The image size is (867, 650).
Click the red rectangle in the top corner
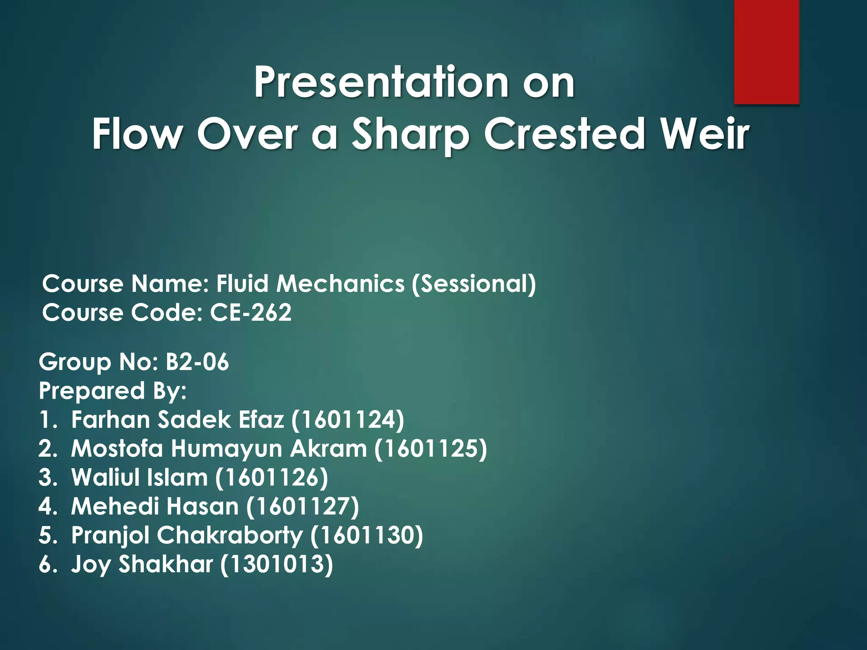[766, 52]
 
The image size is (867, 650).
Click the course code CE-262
[251, 313]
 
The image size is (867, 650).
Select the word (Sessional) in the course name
[474, 283]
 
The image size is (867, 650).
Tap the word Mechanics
[340, 283]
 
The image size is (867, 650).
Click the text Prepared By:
[113, 391]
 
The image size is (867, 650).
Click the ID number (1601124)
[348, 420]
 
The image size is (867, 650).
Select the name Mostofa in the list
[117, 449]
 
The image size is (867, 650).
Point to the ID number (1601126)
[271, 477]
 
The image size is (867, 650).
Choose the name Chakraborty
[230, 536]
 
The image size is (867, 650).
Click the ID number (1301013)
[276, 564]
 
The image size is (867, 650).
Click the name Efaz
[261, 420]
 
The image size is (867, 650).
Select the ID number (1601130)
[367, 535]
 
